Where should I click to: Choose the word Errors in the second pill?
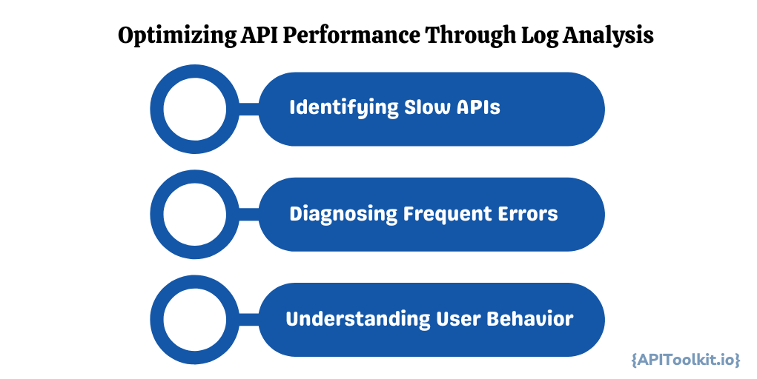[526, 214]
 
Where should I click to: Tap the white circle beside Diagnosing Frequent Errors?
[194, 215]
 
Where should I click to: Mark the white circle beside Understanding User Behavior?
[194, 321]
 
